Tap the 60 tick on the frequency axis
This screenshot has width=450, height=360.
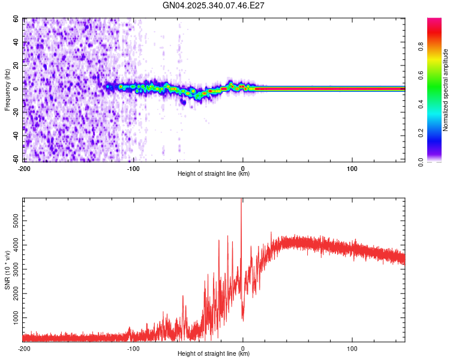click(17, 19)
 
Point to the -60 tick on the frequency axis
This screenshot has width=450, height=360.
click(16, 159)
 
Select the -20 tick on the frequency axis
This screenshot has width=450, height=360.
click(16, 112)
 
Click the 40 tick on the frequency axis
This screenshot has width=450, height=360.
click(17, 42)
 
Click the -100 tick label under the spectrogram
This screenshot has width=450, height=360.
click(133, 169)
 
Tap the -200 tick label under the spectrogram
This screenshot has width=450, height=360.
click(24, 169)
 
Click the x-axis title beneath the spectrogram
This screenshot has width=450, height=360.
click(214, 174)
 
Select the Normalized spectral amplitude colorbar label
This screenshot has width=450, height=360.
click(446, 89)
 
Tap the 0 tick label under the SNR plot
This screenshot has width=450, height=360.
click(243, 348)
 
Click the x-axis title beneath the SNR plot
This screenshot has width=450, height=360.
click(214, 353)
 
